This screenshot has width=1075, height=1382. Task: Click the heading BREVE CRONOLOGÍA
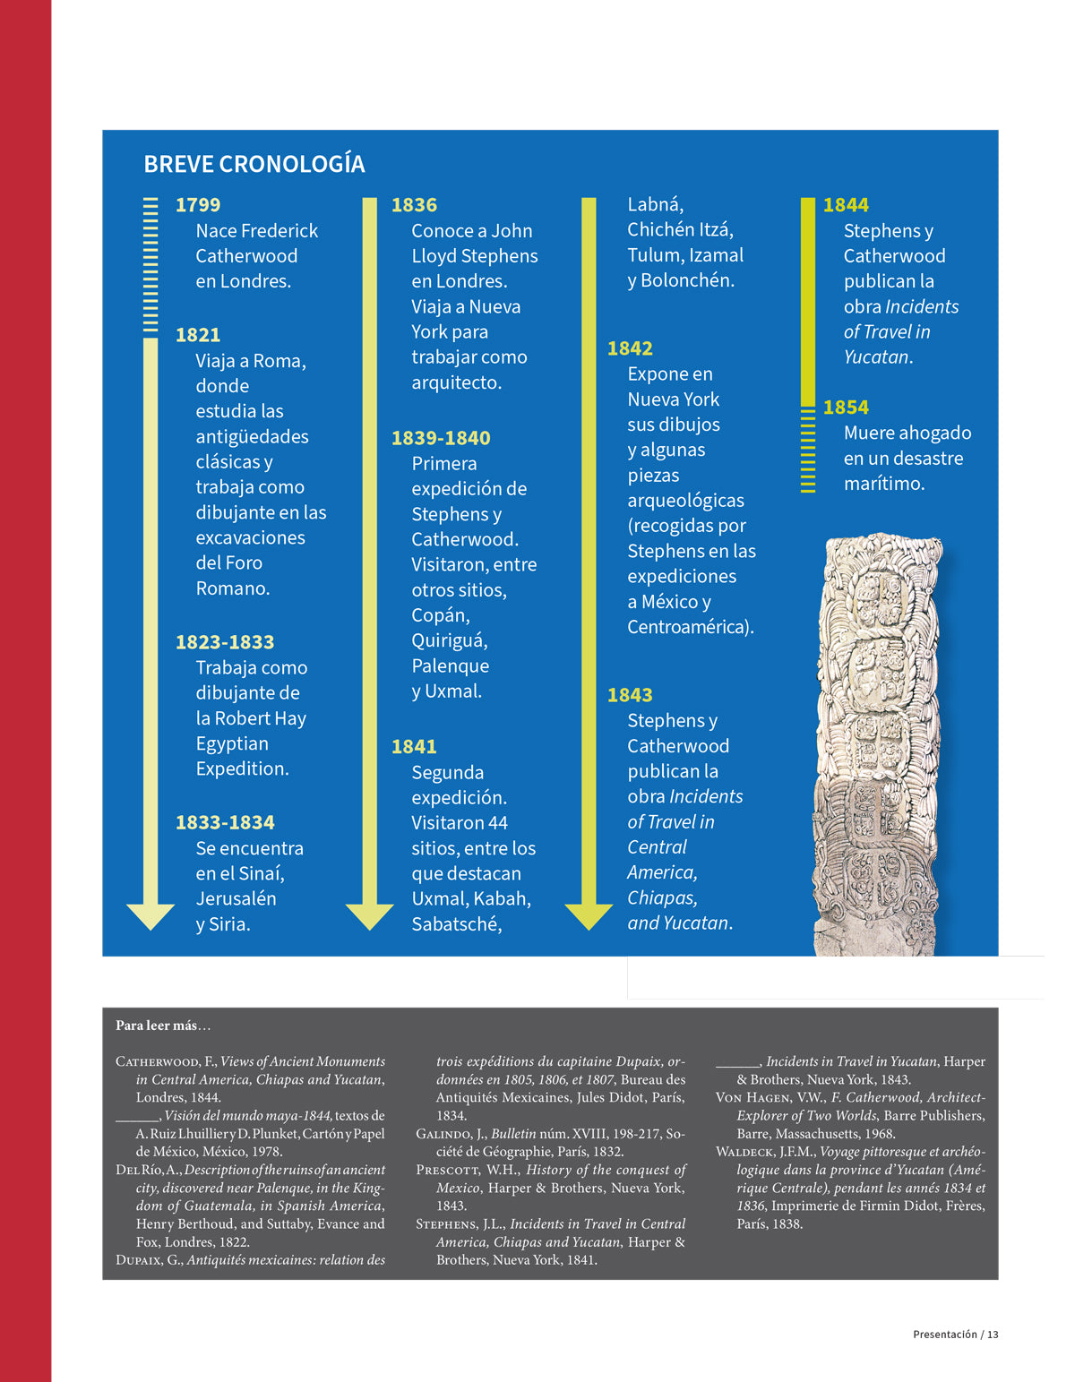pos(254,164)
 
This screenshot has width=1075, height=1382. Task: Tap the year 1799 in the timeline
pos(198,205)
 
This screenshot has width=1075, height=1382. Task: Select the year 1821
pos(198,335)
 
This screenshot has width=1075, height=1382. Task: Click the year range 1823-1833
pos(225,642)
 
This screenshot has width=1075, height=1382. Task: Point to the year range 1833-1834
pos(225,822)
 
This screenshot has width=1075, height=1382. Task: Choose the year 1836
pos(414,205)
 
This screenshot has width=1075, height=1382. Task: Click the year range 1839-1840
pos(441,438)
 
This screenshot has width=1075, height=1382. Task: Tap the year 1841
pos(414,746)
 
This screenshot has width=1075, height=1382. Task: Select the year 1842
pos(630,348)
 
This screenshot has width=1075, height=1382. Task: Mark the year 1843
pos(630,695)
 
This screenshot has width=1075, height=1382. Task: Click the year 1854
pos(846,408)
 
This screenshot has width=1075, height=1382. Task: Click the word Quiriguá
pos(450,640)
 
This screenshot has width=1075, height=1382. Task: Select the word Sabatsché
pos(456,923)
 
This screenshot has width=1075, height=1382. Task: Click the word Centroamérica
pos(690,626)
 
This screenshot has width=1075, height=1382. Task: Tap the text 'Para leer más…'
pos(163,1026)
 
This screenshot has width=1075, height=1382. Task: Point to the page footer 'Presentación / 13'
pos(955,1335)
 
